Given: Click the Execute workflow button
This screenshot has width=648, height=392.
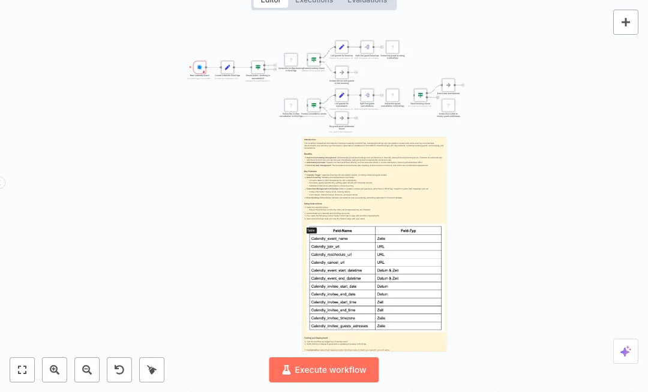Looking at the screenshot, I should [x=324, y=370].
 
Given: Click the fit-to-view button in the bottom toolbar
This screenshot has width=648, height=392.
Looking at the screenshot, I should [x=22, y=370].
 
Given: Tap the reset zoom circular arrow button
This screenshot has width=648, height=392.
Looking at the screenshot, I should [x=119, y=370].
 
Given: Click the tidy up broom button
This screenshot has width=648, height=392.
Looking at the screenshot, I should [x=152, y=370].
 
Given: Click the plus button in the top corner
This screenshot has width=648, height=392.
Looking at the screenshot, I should [x=626, y=22].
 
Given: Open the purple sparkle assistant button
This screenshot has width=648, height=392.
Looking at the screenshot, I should [x=626, y=351].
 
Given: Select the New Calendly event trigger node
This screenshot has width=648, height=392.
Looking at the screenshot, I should [x=200, y=67].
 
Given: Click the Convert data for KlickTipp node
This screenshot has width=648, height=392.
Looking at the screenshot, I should [x=227, y=67].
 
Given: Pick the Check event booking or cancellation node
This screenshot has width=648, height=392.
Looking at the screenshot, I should [x=258, y=67].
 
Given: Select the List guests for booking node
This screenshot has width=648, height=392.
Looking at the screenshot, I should [x=341, y=47].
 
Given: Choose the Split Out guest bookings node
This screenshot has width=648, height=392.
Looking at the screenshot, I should [x=367, y=47].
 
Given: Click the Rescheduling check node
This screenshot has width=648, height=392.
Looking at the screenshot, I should [x=420, y=95].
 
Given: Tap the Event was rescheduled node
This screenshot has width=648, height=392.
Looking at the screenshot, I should [x=448, y=85].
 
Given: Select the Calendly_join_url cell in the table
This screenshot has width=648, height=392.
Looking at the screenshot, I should [x=342, y=246].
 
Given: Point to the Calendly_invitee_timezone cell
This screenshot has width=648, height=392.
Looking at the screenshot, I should [x=342, y=318].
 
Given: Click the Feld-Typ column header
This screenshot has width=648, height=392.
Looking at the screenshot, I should [x=408, y=231].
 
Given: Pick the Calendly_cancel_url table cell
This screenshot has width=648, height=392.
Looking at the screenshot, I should [x=342, y=263].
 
